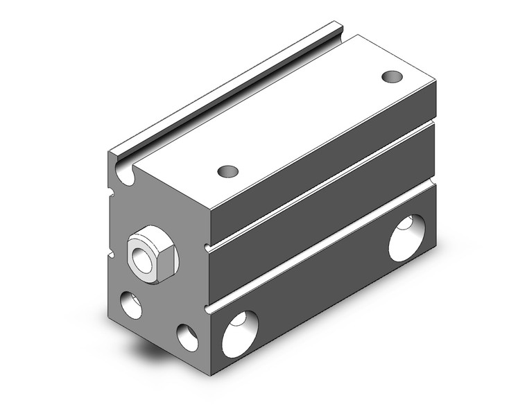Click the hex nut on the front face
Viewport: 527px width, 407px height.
tap(153, 254)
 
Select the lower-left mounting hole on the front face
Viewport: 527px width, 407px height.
tap(130, 305)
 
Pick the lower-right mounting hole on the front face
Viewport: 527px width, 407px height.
tap(187, 338)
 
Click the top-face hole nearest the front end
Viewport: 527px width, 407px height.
tap(227, 171)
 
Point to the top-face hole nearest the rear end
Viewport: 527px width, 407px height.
tap(392, 76)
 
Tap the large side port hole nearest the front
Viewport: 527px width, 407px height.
tap(240, 333)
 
